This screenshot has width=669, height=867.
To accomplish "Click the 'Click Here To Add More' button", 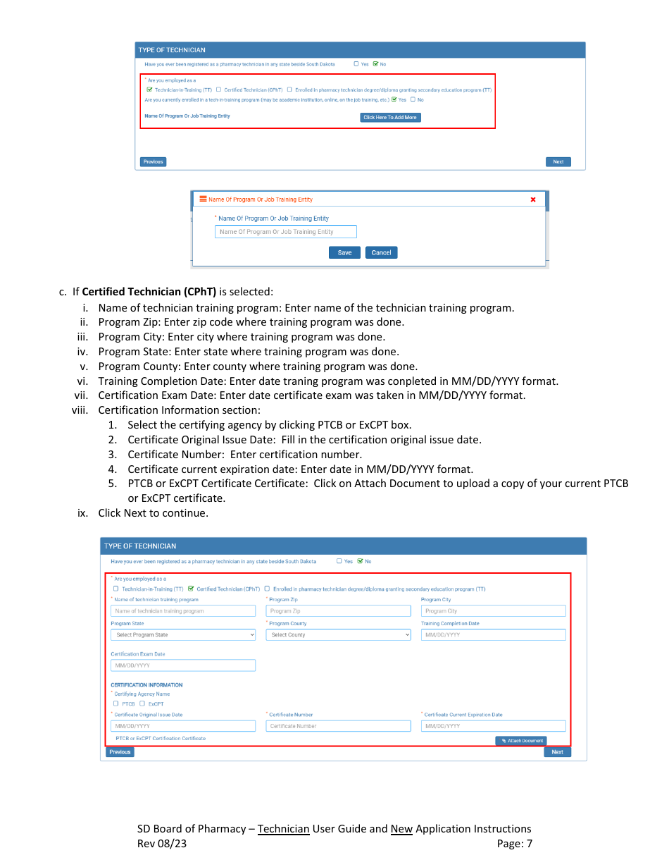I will [390, 117].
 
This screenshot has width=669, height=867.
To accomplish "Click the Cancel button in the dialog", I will [381, 252].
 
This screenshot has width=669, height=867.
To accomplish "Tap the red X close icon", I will [532, 199].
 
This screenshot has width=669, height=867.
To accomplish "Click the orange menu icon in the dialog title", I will [203, 199].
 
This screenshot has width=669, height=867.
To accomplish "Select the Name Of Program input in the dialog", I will [285, 232].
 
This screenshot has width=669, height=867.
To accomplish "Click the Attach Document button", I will [520, 741].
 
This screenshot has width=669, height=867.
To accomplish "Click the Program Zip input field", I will [338, 611].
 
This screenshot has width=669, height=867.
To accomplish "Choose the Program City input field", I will [493, 611].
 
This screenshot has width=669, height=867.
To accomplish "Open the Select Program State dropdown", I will [183, 635].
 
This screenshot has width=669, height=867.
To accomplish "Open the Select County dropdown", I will [338, 635].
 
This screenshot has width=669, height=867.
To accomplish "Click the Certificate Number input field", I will [338, 726].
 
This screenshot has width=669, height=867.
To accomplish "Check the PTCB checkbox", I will [116, 703].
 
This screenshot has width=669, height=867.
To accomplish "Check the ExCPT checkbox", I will [142, 703].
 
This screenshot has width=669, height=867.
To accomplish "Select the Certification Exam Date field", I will [183, 665].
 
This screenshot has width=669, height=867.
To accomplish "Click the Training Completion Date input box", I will [493, 635].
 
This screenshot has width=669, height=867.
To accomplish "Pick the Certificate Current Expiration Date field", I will [493, 726].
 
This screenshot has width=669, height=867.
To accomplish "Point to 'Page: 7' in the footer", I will [514, 844].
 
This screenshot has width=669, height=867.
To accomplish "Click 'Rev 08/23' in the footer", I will [162, 844].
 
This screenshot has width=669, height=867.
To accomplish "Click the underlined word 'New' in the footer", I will [401, 829].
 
